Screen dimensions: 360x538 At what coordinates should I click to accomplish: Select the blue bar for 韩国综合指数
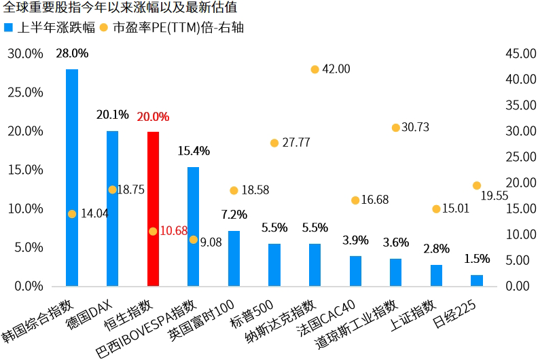pos(72,177)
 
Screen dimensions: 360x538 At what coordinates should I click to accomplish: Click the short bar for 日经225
pos(477,281)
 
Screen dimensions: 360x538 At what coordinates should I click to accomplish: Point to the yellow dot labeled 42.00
pos(315,69)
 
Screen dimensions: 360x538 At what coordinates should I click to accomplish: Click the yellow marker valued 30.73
pos(395,128)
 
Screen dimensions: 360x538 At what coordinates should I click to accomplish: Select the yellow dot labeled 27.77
pos(274,143)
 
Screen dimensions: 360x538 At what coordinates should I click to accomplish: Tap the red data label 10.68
pos(174,231)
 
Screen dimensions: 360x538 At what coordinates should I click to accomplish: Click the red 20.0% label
pos(153,117)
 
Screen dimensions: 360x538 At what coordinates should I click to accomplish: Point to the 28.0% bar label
pos(72,53)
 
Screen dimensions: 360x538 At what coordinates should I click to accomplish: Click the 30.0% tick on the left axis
pos(25,54)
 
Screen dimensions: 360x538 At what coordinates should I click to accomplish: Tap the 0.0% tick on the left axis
pos(28,286)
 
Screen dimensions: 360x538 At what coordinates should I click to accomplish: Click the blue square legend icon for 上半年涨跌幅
pos(8,28)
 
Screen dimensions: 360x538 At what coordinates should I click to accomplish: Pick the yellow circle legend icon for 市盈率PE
pos(103,28)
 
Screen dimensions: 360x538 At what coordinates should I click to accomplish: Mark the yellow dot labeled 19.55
pos(477,185)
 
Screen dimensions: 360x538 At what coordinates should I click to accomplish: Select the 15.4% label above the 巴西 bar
pos(194,151)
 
